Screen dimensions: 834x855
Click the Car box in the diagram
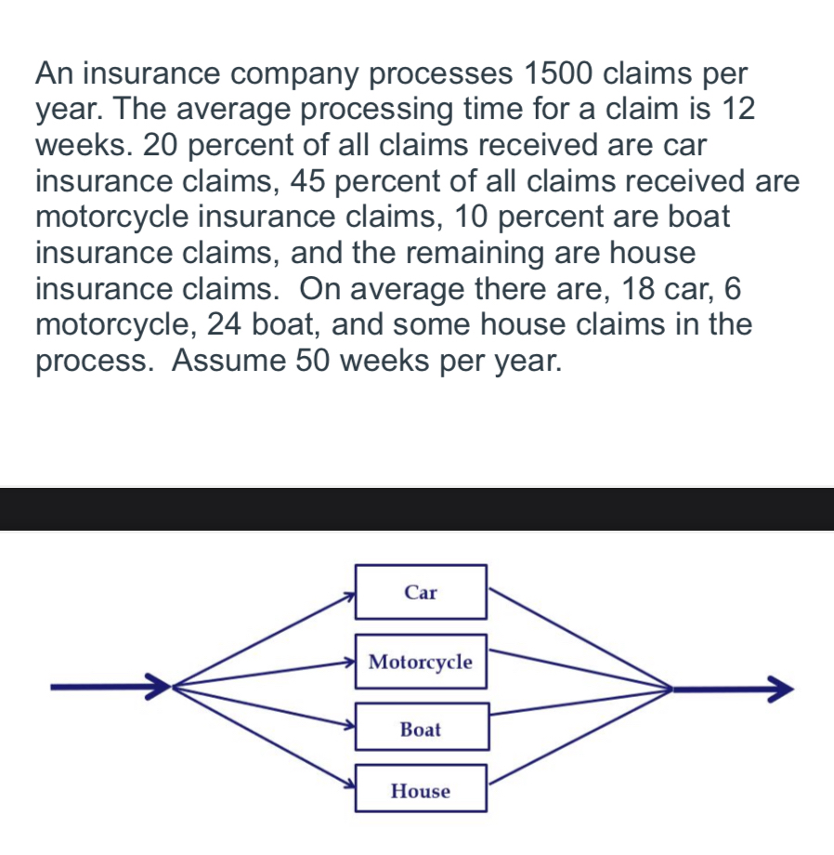coord(421,592)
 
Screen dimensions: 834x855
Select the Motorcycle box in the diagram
coord(421,662)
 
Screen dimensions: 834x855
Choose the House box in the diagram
coord(421,791)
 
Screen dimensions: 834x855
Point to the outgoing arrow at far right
coord(734,691)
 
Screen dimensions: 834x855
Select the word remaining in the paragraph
coord(484,252)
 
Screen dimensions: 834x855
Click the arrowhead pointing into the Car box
coord(349,595)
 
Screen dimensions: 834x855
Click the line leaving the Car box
coord(576,638)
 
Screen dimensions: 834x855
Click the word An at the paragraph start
coord(55,72)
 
